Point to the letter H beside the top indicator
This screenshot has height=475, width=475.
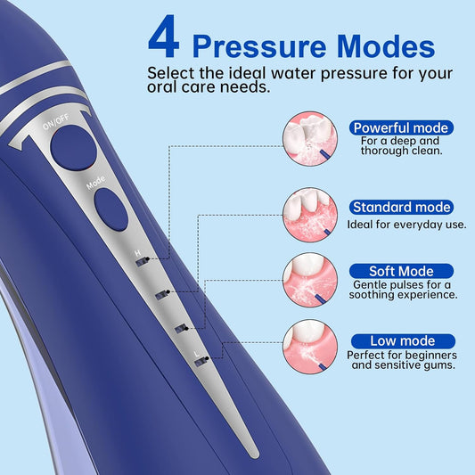[x=136, y=253]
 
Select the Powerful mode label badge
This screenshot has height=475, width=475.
[x=400, y=127]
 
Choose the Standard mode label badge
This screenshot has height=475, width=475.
[x=400, y=207]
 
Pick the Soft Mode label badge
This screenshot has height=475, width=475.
[x=401, y=271]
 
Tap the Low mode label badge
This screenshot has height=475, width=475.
[x=403, y=340]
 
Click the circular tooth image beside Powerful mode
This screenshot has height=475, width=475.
[x=310, y=138]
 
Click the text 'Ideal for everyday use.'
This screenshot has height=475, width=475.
[x=406, y=225]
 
